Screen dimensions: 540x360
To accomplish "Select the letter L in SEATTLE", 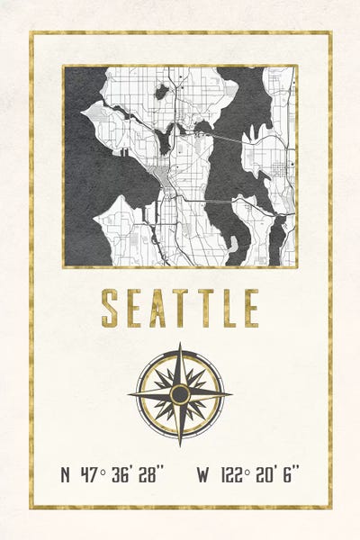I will pos(227,308).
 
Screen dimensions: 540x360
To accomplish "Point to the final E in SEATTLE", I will pos(250,308).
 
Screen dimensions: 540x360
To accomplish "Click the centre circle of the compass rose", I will pos(180,394).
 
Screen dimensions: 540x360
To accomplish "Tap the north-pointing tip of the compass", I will pos(180,345).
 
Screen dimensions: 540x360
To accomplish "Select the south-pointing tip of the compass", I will pos(180,445).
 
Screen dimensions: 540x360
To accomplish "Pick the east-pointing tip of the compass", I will pos(230,394).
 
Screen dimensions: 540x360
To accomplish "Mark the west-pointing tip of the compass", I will pos(130,394).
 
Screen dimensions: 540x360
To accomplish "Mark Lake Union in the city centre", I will pos(165,139).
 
